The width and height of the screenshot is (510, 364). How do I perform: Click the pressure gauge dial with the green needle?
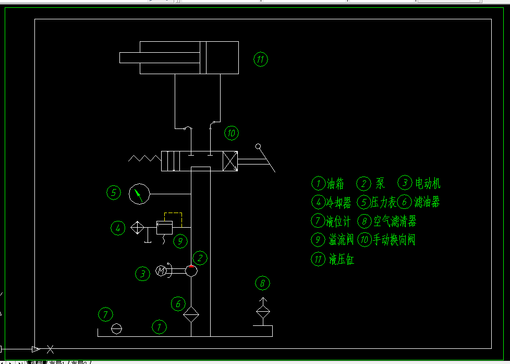click(139, 194)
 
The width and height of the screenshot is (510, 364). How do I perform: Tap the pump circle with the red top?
click(191, 271)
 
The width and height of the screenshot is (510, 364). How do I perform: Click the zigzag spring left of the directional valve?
click(144, 158)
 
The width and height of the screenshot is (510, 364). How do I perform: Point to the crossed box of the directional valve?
click(230, 160)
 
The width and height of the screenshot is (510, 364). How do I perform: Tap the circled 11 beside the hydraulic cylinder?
click(261, 59)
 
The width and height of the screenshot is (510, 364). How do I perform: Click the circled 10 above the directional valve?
click(231, 133)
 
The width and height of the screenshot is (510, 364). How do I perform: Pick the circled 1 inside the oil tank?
click(159, 327)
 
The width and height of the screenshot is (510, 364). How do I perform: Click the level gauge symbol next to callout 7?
click(117, 328)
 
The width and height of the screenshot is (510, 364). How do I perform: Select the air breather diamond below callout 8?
click(263, 313)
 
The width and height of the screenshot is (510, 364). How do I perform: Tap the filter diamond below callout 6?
click(191, 314)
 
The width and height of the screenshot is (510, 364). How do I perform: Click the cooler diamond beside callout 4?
click(138, 228)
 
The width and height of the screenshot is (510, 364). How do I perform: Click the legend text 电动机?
click(428, 183)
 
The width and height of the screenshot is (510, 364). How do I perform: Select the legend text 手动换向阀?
click(394, 240)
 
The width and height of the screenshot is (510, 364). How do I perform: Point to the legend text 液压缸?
click(342, 259)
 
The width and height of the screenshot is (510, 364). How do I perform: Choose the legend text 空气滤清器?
click(395, 221)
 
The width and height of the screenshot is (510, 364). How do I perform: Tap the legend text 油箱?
click(335, 183)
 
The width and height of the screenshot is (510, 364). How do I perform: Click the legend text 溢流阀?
click(342, 240)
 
